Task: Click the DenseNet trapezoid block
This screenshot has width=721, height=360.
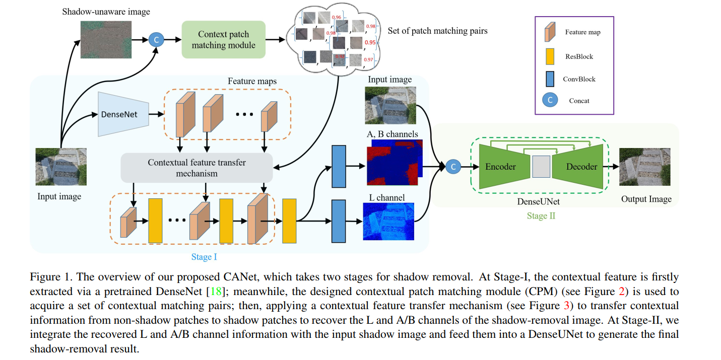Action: click(x=121, y=114)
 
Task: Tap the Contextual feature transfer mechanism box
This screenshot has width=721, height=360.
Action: click(x=196, y=168)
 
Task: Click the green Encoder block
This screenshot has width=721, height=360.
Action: click(x=500, y=167)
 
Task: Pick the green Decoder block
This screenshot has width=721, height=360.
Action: click(x=581, y=167)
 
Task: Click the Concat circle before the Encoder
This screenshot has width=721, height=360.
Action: click(x=452, y=166)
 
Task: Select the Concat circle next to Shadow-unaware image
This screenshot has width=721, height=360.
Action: click(x=156, y=39)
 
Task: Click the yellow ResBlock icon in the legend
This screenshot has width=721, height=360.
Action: click(x=550, y=56)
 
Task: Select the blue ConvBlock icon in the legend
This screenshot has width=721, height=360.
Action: click(x=550, y=79)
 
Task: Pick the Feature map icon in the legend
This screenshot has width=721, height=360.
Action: click(x=550, y=32)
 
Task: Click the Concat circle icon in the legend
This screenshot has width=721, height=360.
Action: click(x=550, y=100)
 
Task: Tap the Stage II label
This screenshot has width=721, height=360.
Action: click(x=542, y=217)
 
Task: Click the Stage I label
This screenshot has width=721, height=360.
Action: click(x=204, y=257)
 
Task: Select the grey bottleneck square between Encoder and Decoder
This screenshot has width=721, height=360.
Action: click(x=540, y=167)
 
